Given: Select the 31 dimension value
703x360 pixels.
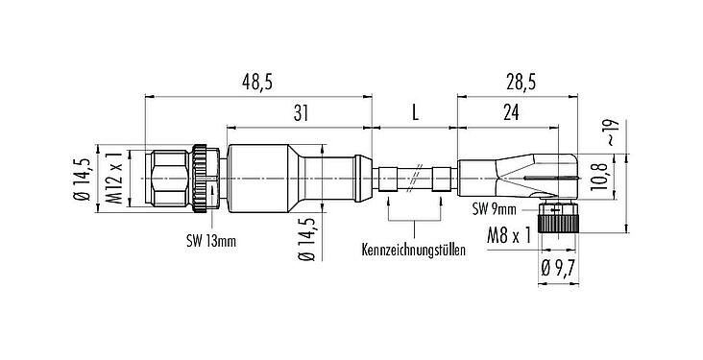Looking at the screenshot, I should (x=300, y=114).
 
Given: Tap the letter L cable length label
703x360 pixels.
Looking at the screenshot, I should (x=415, y=114).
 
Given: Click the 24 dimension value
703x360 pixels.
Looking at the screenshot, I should (x=510, y=114).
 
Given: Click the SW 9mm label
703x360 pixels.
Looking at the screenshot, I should (x=495, y=207).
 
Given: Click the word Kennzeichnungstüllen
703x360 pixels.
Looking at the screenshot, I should (x=414, y=252).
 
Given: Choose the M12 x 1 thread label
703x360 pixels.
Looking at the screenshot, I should (x=114, y=179).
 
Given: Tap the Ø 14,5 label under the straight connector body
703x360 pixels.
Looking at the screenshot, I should (x=306, y=239).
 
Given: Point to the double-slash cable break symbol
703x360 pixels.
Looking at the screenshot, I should (x=415, y=179).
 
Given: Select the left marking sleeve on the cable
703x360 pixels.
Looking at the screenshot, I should (x=389, y=179).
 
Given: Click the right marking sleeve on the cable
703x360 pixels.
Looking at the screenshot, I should (x=441, y=179).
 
